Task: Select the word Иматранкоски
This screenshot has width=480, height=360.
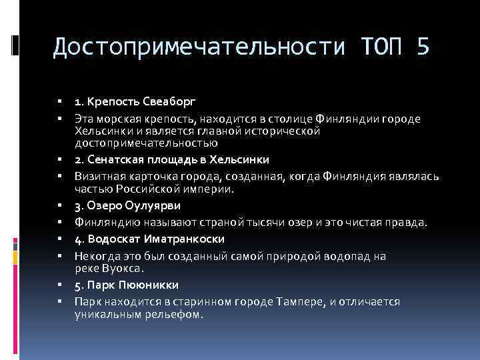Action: [x=187, y=239]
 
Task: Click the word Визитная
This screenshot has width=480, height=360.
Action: [x=97, y=177]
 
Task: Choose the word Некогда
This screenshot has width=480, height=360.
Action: [x=95, y=256]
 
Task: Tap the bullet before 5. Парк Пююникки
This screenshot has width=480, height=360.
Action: [x=61, y=285]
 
